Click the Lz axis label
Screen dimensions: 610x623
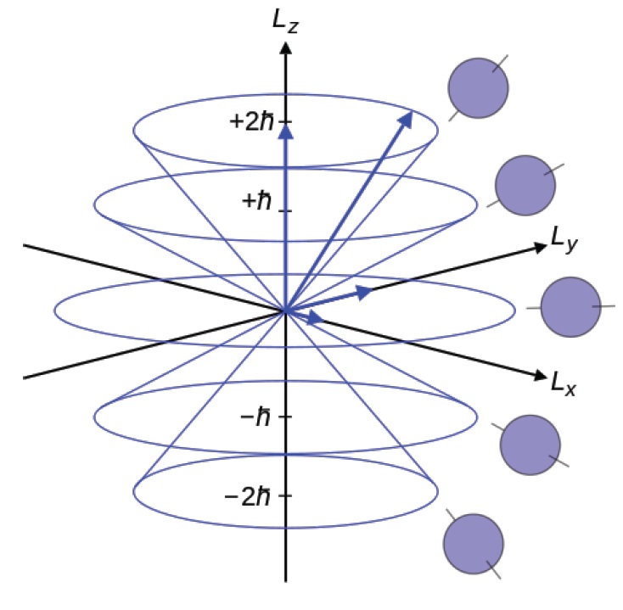[286, 19]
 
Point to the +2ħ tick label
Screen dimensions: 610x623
[252, 120]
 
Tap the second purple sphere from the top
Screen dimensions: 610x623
[525, 186]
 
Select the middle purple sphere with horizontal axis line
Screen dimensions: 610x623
[570, 306]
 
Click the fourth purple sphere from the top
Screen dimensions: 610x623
[530, 444]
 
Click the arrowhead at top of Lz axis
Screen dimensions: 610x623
[286, 47]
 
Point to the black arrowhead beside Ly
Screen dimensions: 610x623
[538, 247]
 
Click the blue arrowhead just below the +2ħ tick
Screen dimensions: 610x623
[286, 132]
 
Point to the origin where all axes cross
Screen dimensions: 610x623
[286, 311]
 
